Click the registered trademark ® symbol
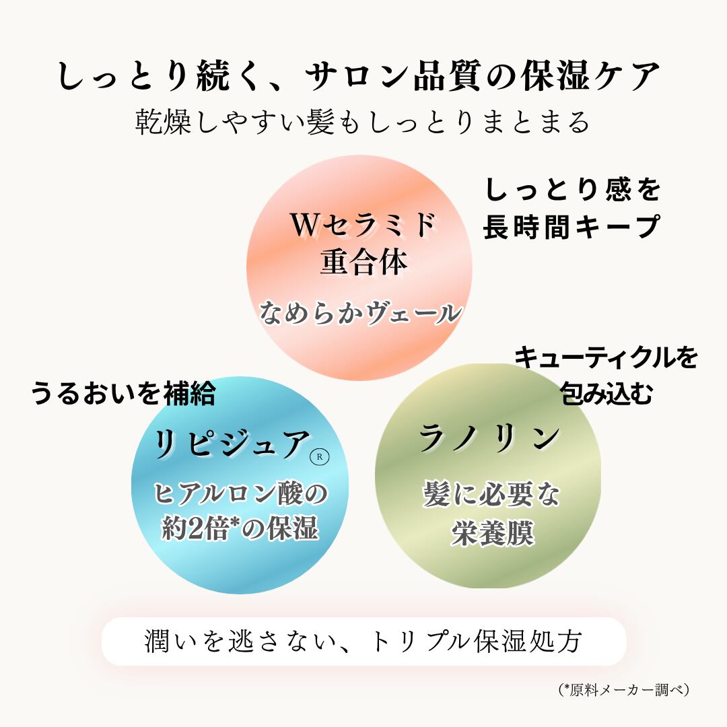pyautogui.click(x=319, y=456)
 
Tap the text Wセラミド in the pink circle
pyautogui.click(x=363, y=224)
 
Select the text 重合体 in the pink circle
pyautogui.click(x=363, y=263)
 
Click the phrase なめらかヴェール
pyautogui.click(x=360, y=312)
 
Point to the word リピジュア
pyautogui.click(x=232, y=444)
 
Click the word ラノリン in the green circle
pyautogui.click(x=489, y=438)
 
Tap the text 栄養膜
pyautogui.click(x=492, y=533)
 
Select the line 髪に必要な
pyautogui.click(x=491, y=494)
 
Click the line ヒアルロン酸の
pyautogui.click(x=240, y=493)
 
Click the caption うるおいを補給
pyautogui.click(x=123, y=394)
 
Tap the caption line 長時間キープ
pyautogui.click(x=572, y=227)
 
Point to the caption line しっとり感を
pyautogui.click(x=573, y=190)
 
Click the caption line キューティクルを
pyautogui.click(x=606, y=357)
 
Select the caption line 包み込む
pyautogui.click(x=607, y=394)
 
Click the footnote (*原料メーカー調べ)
pyautogui.click(x=624, y=690)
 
